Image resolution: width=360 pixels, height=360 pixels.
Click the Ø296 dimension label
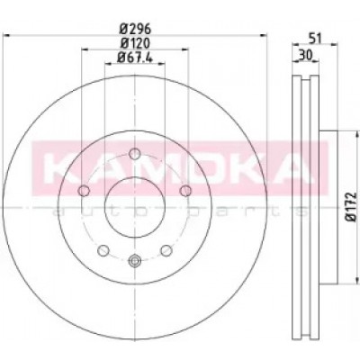[135, 29]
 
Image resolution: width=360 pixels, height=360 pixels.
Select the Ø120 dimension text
[135, 43]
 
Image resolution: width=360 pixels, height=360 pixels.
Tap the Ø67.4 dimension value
[135, 57]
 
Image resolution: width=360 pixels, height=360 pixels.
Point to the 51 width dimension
[315, 39]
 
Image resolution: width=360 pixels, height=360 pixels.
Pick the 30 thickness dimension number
[306, 55]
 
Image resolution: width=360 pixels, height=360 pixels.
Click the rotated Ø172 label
[351, 207]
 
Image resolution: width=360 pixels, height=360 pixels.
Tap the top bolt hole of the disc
[135, 154]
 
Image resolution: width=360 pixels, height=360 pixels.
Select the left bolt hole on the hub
[84, 191]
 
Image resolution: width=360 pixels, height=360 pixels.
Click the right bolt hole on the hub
[186, 191]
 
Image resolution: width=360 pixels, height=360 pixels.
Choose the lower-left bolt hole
[103, 250]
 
